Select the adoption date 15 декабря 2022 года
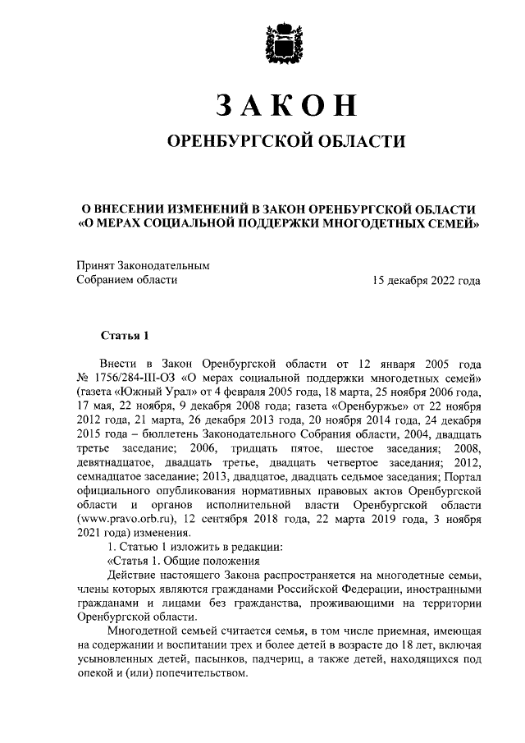[426, 280]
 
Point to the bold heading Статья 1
[125, 335]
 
